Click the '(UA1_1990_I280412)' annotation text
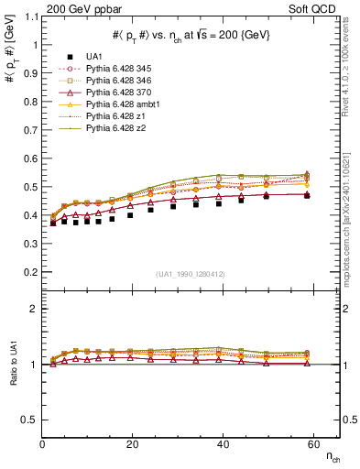191,273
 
